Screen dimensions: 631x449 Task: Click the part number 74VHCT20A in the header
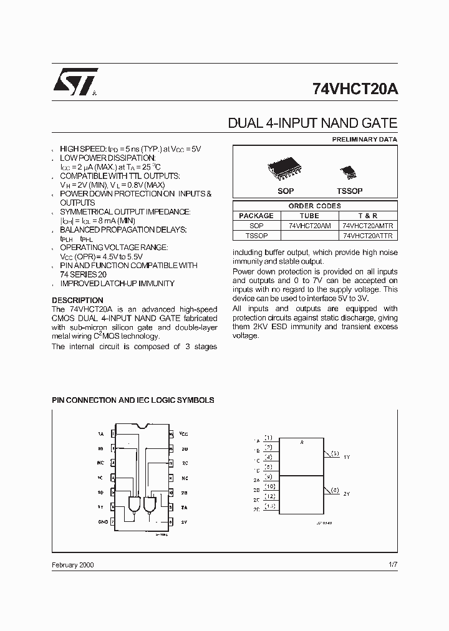(x=354, y=89)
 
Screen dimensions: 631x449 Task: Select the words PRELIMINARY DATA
(x=364, y=139)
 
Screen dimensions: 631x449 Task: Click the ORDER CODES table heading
(x=314, y=206)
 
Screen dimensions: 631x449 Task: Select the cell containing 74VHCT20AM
(x=310, y=226)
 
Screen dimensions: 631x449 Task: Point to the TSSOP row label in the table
(x=256, y=236)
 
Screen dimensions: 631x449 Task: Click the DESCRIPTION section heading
(x=77, y=300)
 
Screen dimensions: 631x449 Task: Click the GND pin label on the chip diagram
(x=102, y=521)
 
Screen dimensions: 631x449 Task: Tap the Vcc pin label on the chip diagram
(x=184, y=433)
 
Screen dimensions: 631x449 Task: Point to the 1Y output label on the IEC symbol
(x=347, y=457)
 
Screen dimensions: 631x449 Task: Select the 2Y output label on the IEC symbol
(x=347, y=493)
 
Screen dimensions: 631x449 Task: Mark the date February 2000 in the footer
(x=73, y=564)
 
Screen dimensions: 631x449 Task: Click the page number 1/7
(x=392, y=564)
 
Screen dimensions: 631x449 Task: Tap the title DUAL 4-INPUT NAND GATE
(x=312, y=123)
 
